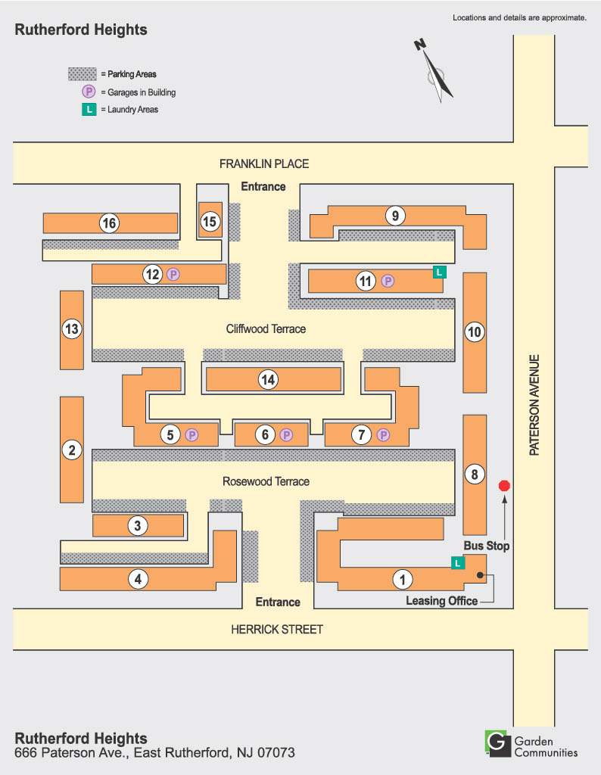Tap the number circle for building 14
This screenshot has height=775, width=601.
click(267, 380)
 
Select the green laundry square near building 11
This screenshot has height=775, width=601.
click(438, 271)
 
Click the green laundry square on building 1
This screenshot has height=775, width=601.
click(457, 562)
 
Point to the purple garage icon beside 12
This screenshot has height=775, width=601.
click(173, 275)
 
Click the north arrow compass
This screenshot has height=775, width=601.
click(434, 70)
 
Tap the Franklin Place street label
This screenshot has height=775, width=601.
click(264, 163)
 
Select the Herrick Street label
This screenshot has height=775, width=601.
click(277, 629)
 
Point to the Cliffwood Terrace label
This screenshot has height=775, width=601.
click(266, 329)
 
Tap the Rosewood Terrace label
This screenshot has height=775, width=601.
click(266, 481)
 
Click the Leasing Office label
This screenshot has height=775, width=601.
click(442, 601)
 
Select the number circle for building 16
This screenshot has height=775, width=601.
click(109, 223)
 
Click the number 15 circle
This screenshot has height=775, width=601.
click(210, 222)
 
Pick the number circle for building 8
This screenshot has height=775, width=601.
click(475, 475)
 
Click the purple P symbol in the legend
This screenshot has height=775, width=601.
click(89, 92)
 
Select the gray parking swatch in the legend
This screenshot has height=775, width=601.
click(83, 74)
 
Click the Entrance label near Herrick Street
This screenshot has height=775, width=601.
click(277, 602)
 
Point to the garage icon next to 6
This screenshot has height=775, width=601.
click(286, 434)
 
